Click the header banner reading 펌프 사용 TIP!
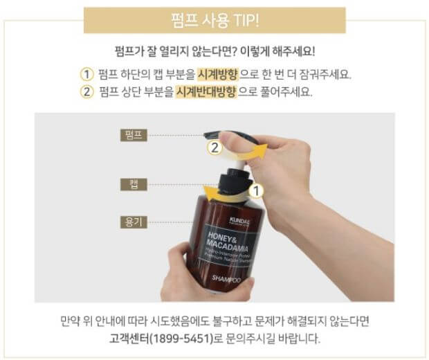pyautogui.click(x=214, y=20)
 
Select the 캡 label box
pyautogui.click(x=135, y=183)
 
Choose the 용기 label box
pyautogui.click(x=135, y=223)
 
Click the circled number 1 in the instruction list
pyautogui.click(x=86, y=75)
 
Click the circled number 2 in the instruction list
pyautogui.click(x=86, y=92)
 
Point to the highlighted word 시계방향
pyautogui.click(x=212, y=75)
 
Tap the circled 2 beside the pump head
pyautogui.click(x=215, y=147)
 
